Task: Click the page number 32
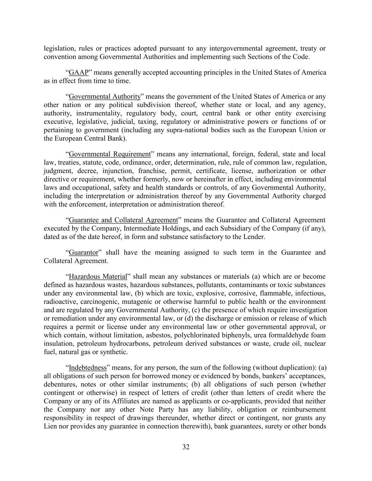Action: click(186, 447)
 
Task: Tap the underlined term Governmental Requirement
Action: click(110, 154)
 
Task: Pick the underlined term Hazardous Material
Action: click(98, 277)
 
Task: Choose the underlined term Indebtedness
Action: click(87, 368)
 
